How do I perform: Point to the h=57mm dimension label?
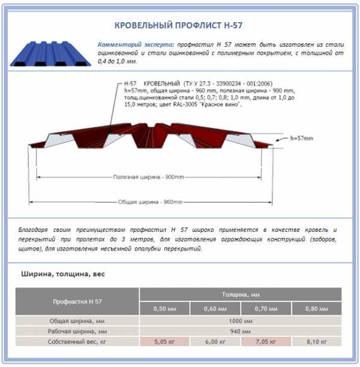click(301, 138)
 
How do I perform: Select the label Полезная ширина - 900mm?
click(148, 178)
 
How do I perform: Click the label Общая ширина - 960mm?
click(149, 202)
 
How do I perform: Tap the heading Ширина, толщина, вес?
click(64, 274)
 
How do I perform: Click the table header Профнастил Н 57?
click(77, 301)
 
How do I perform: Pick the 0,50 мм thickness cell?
click(164, 309)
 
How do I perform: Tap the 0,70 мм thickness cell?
click(266, 309)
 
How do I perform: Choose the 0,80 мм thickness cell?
click(317, 309)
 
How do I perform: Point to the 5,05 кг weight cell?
click(164, 342)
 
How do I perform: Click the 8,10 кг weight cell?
click(317, 342)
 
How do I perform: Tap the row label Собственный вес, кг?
click(77, 342)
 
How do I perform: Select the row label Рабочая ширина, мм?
click(77, 331)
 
